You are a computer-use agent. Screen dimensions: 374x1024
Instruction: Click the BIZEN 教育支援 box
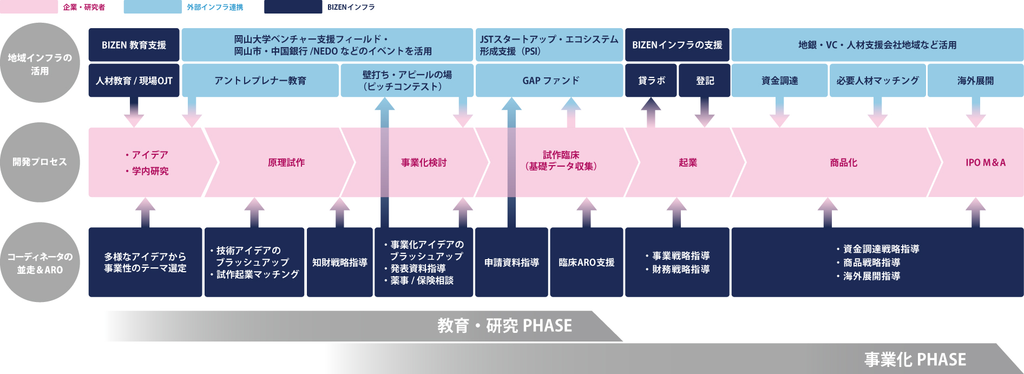[x=134, y=45]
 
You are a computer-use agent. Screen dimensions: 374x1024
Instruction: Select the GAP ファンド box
[x=549, y=81]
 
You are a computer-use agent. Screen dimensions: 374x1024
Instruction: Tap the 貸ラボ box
[x=651, y=81]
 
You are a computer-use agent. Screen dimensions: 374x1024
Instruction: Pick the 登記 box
[x=704, y=81]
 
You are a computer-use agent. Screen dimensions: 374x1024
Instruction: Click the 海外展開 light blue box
[x=975, y=81]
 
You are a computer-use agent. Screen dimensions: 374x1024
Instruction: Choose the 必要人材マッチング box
[x=877, y=81]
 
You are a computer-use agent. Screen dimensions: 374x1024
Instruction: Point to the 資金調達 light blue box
[x=779, y=81]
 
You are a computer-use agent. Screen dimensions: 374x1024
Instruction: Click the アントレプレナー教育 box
[x=260, y=81]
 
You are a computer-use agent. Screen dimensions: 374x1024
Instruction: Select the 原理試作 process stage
[x=286, y=162]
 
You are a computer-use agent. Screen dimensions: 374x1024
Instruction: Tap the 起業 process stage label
[x=688, y=162]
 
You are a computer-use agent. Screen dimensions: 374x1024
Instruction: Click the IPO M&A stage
[x=986, y=162]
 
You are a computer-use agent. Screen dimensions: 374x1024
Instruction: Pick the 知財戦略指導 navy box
[x=339, y=263]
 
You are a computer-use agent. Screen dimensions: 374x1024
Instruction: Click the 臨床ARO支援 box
[x=586, y=263]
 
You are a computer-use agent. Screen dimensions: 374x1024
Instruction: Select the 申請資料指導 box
[x=511, y=263]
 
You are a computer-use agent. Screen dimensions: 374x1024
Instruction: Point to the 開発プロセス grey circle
[x=40, y=162]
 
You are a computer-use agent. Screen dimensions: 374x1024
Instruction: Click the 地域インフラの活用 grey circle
[x=40, y=63]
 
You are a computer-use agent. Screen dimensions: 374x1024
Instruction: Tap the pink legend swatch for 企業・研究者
[x=29, y=7]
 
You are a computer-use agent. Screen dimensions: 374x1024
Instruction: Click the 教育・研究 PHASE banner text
[x=504, y=326]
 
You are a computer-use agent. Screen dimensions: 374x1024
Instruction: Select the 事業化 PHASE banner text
[x=915, y=359]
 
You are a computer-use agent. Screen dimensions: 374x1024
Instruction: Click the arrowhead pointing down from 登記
[x=704, y=120]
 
